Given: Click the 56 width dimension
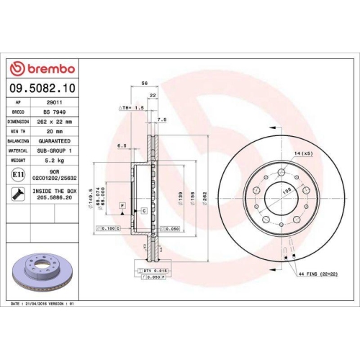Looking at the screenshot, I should pyautogui.click(x=144, y=84).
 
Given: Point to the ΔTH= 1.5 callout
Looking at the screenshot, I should pyautogui.click(x=132, y=107).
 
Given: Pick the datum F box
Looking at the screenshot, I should pyautogui.click(x=123, y=206).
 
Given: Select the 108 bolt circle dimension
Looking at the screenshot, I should pyautogui.click(x=284, y=191).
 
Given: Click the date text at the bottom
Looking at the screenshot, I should pyautogui.click(x=43, y=305).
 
